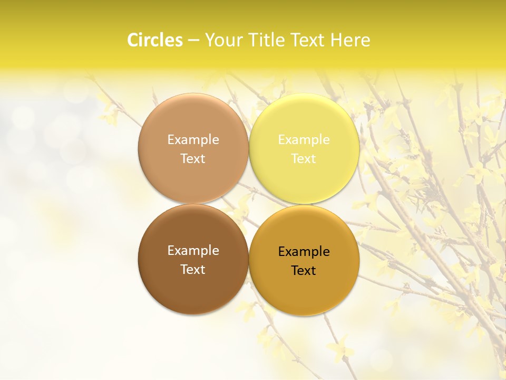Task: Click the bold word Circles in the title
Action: tap(154, 40)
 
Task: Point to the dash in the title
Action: tap(193, 41)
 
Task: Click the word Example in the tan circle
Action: tap(193, 139)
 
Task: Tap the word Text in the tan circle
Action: tap(193, 158)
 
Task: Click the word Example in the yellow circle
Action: tap(304, 139)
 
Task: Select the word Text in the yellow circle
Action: tap(304, 158)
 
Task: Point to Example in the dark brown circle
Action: tap(193, 250)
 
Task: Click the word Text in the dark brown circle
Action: tap(193, 269)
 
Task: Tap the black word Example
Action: tap(304, 251)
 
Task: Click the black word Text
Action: tap(304, 270)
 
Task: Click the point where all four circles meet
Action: tap(249, 204)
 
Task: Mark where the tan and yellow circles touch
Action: tap(249, 148)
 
